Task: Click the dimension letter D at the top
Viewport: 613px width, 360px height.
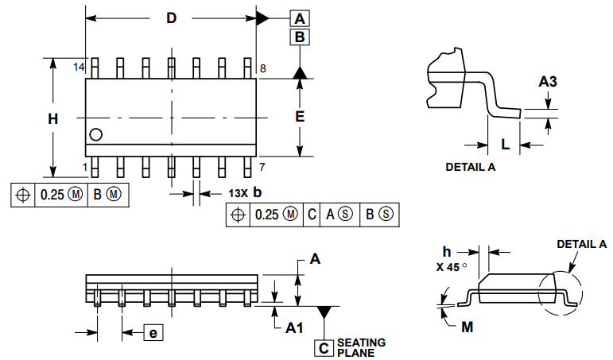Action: pos(171,18)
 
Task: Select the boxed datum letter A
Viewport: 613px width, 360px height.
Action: pos(300,19)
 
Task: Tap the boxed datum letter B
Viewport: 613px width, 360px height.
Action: pos(300,37)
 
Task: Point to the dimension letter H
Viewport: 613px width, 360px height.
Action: pos(52,119)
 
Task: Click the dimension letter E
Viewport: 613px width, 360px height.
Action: pos(300,116)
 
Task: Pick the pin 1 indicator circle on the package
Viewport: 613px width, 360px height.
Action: pos(96,135)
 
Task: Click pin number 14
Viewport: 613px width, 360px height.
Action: pos(79,68)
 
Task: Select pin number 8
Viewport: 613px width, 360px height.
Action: pos(262,68)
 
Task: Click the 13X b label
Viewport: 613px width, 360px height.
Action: pos(245,193)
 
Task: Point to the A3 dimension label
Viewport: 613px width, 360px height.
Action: pos(548,81)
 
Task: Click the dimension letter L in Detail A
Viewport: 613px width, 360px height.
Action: pos(505,144)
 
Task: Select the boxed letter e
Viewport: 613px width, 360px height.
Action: pos(152,333)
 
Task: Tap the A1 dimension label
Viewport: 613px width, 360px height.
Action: pos(294,327)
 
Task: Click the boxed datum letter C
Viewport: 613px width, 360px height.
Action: pos(324,347)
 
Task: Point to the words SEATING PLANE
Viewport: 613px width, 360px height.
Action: pos(361,347)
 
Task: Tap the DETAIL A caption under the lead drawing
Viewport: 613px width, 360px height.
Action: pos(470,168)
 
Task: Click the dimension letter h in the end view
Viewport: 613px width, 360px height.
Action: pos(447,251)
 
